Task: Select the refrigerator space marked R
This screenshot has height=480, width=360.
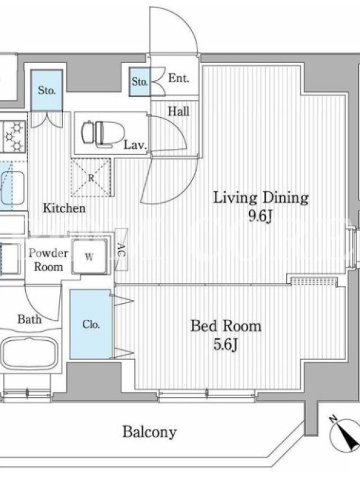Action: [x=91, y=177]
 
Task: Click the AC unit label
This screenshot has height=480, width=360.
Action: [x=122, y=250]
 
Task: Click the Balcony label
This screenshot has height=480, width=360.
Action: [x=149, y=432]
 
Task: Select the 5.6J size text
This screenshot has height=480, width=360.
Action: [x=226, y=345]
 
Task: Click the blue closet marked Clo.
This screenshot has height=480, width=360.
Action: [x=91, y=324]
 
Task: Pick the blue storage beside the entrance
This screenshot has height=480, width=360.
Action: [x=140, y=82]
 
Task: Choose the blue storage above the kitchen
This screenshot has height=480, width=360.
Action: [x=47, y=91]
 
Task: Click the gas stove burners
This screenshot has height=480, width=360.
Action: [x=13, y=136]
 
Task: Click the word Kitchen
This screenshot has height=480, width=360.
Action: [x=64, y=208]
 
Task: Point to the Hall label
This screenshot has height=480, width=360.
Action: [x=178, y=111]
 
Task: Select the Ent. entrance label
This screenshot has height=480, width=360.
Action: [x=179, y=79]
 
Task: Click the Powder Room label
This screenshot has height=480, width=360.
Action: [x=49, y=260]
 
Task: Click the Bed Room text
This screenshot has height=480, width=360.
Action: [x=226, y=326]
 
